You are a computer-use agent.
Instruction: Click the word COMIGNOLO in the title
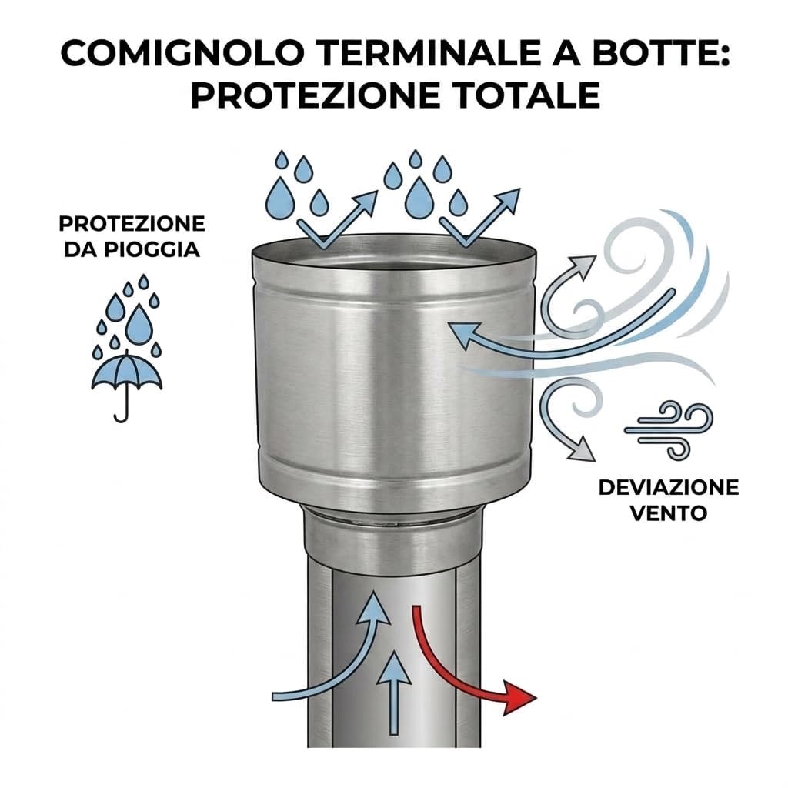click(183, 52)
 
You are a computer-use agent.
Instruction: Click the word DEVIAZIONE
click(669, 487)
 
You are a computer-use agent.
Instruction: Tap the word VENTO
click(669, 513)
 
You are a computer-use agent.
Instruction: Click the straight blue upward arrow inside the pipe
click(394, 693)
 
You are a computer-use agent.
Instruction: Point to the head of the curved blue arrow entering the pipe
click(373, 607)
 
